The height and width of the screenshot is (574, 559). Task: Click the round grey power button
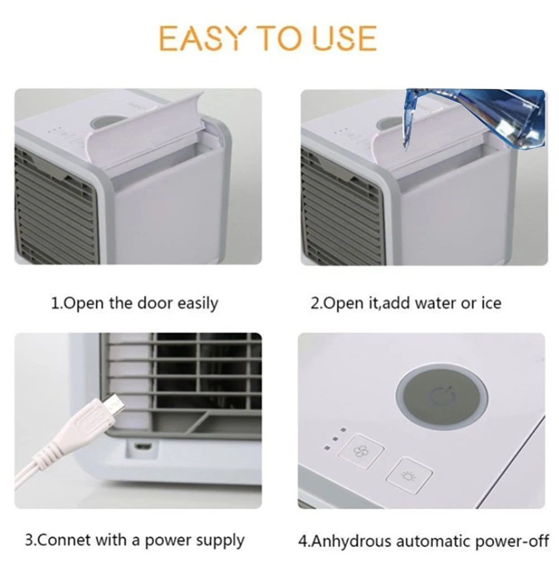(x=442, y=397)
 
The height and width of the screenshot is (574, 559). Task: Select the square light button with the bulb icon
(x=409, y=476)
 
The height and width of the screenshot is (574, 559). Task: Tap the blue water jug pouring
(x=475, y=117)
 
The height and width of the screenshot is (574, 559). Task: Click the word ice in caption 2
(x=491, y=304)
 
